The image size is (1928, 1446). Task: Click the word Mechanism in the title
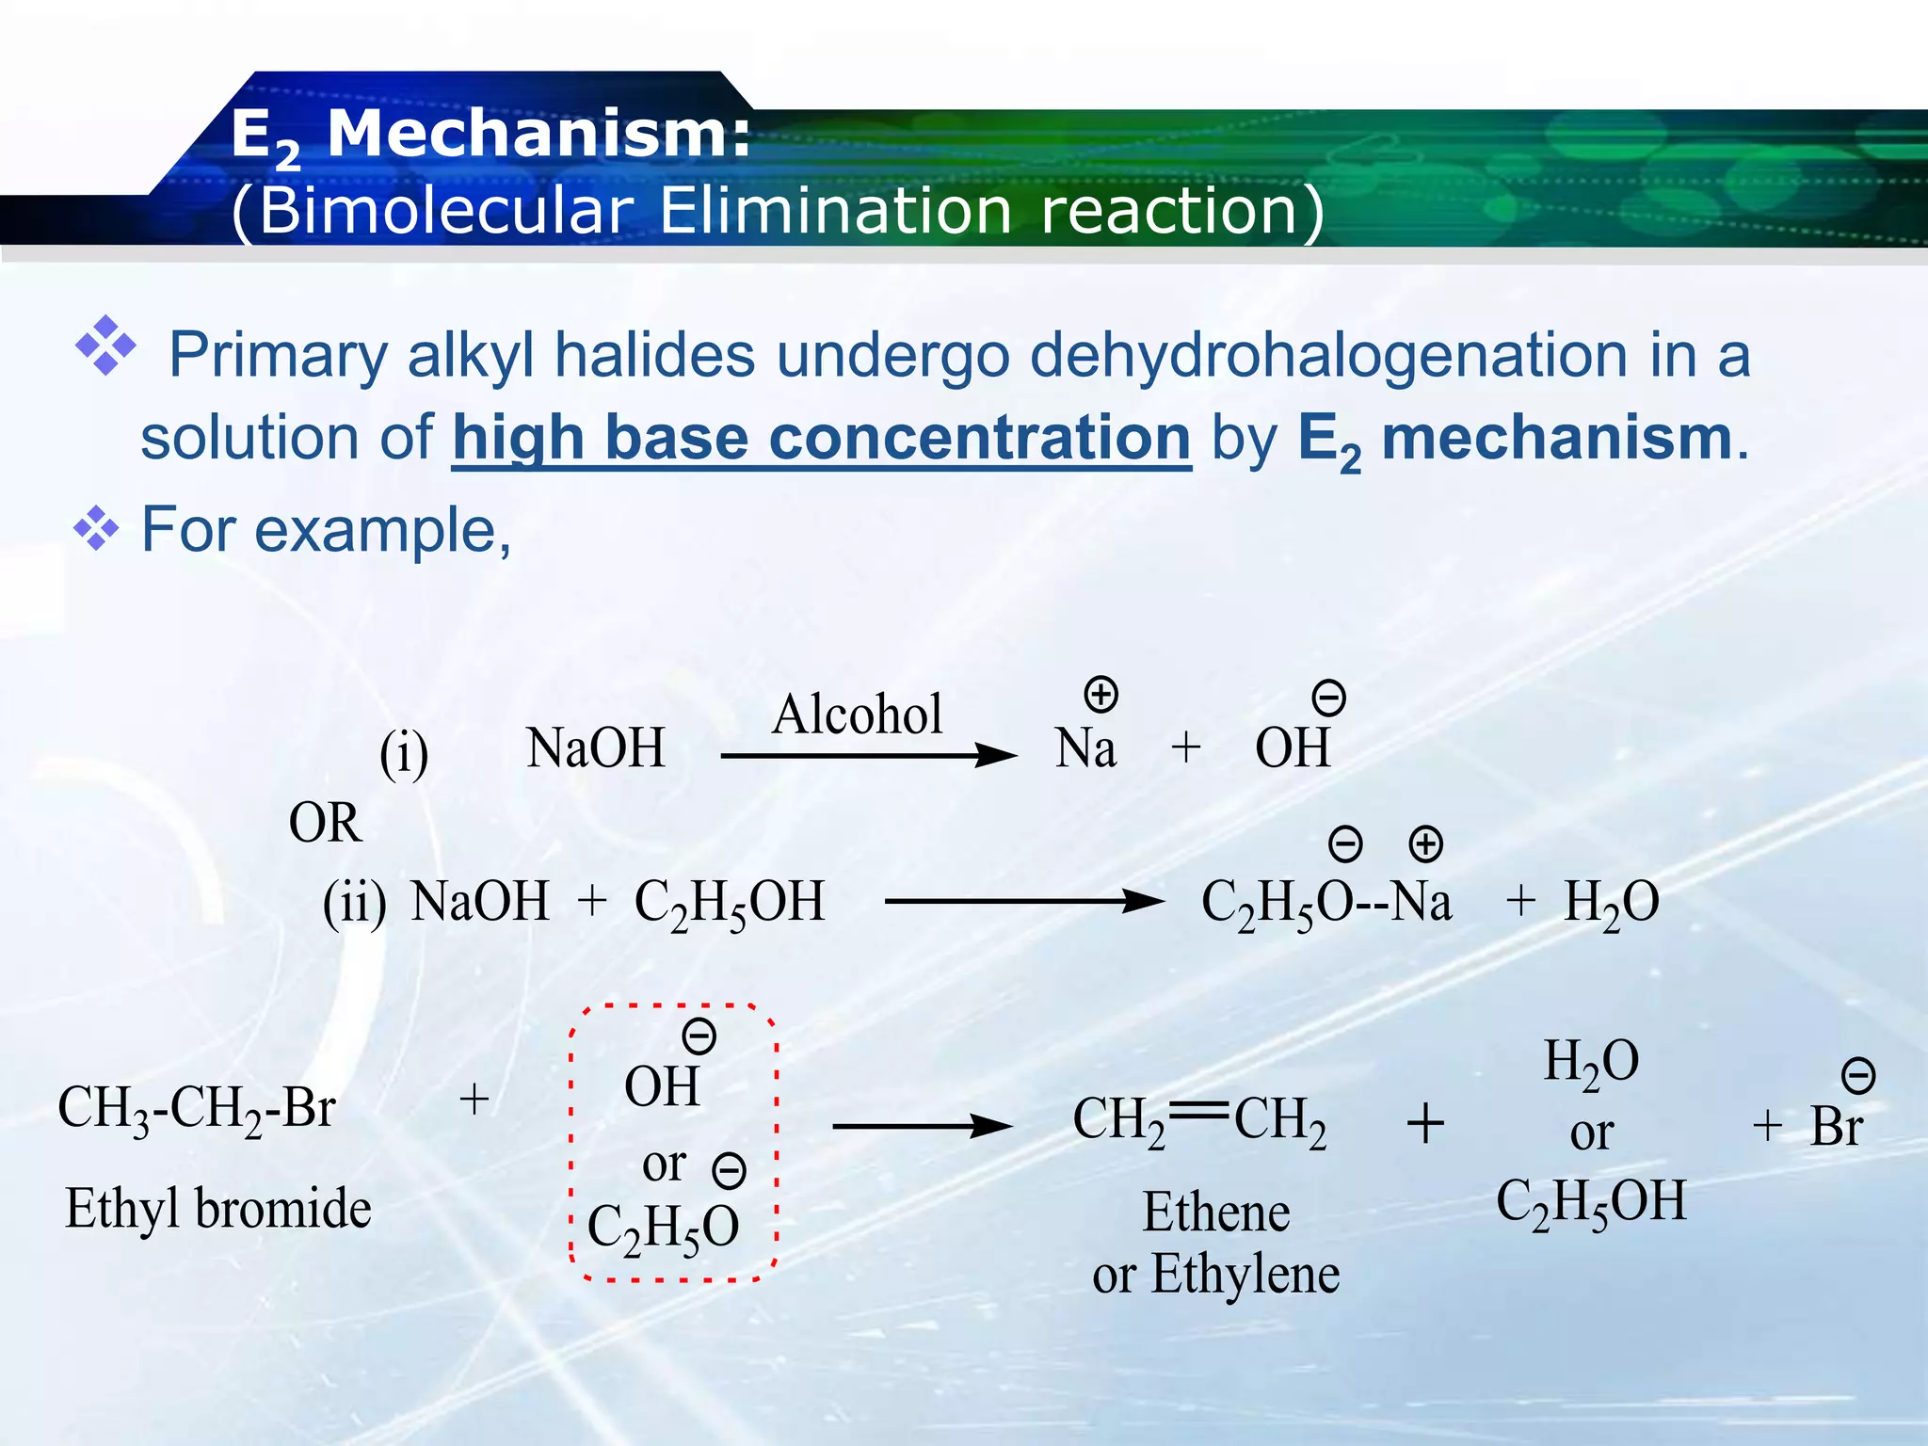(x=538, y=135)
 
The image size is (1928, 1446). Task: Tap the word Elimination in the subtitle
(x=834, y=210)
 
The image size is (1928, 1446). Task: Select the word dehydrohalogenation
(x=1328, y=355)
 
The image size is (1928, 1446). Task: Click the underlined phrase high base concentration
(x=821, y=439)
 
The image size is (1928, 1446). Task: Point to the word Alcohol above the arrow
(x=857, y=715)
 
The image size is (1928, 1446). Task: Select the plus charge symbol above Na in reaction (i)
(x=1101, y=695)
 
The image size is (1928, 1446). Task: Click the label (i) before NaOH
(x=404, y=753)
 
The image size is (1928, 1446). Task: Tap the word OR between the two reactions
(x=325, y=823)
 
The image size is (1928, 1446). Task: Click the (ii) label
(x=354, y=903)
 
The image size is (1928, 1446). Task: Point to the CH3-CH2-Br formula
(x=197, y=1108)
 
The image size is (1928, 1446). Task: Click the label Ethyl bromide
(x=218, y=1209)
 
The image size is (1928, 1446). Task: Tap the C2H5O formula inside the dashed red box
(x=664, y=1228)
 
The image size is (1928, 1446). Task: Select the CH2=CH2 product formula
(x=1199, y=1120)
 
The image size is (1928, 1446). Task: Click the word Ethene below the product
(x=1216, y=1213)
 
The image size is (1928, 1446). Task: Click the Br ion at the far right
(x=1836, y=1126)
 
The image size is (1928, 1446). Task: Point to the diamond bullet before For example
(x=96, y=528)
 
